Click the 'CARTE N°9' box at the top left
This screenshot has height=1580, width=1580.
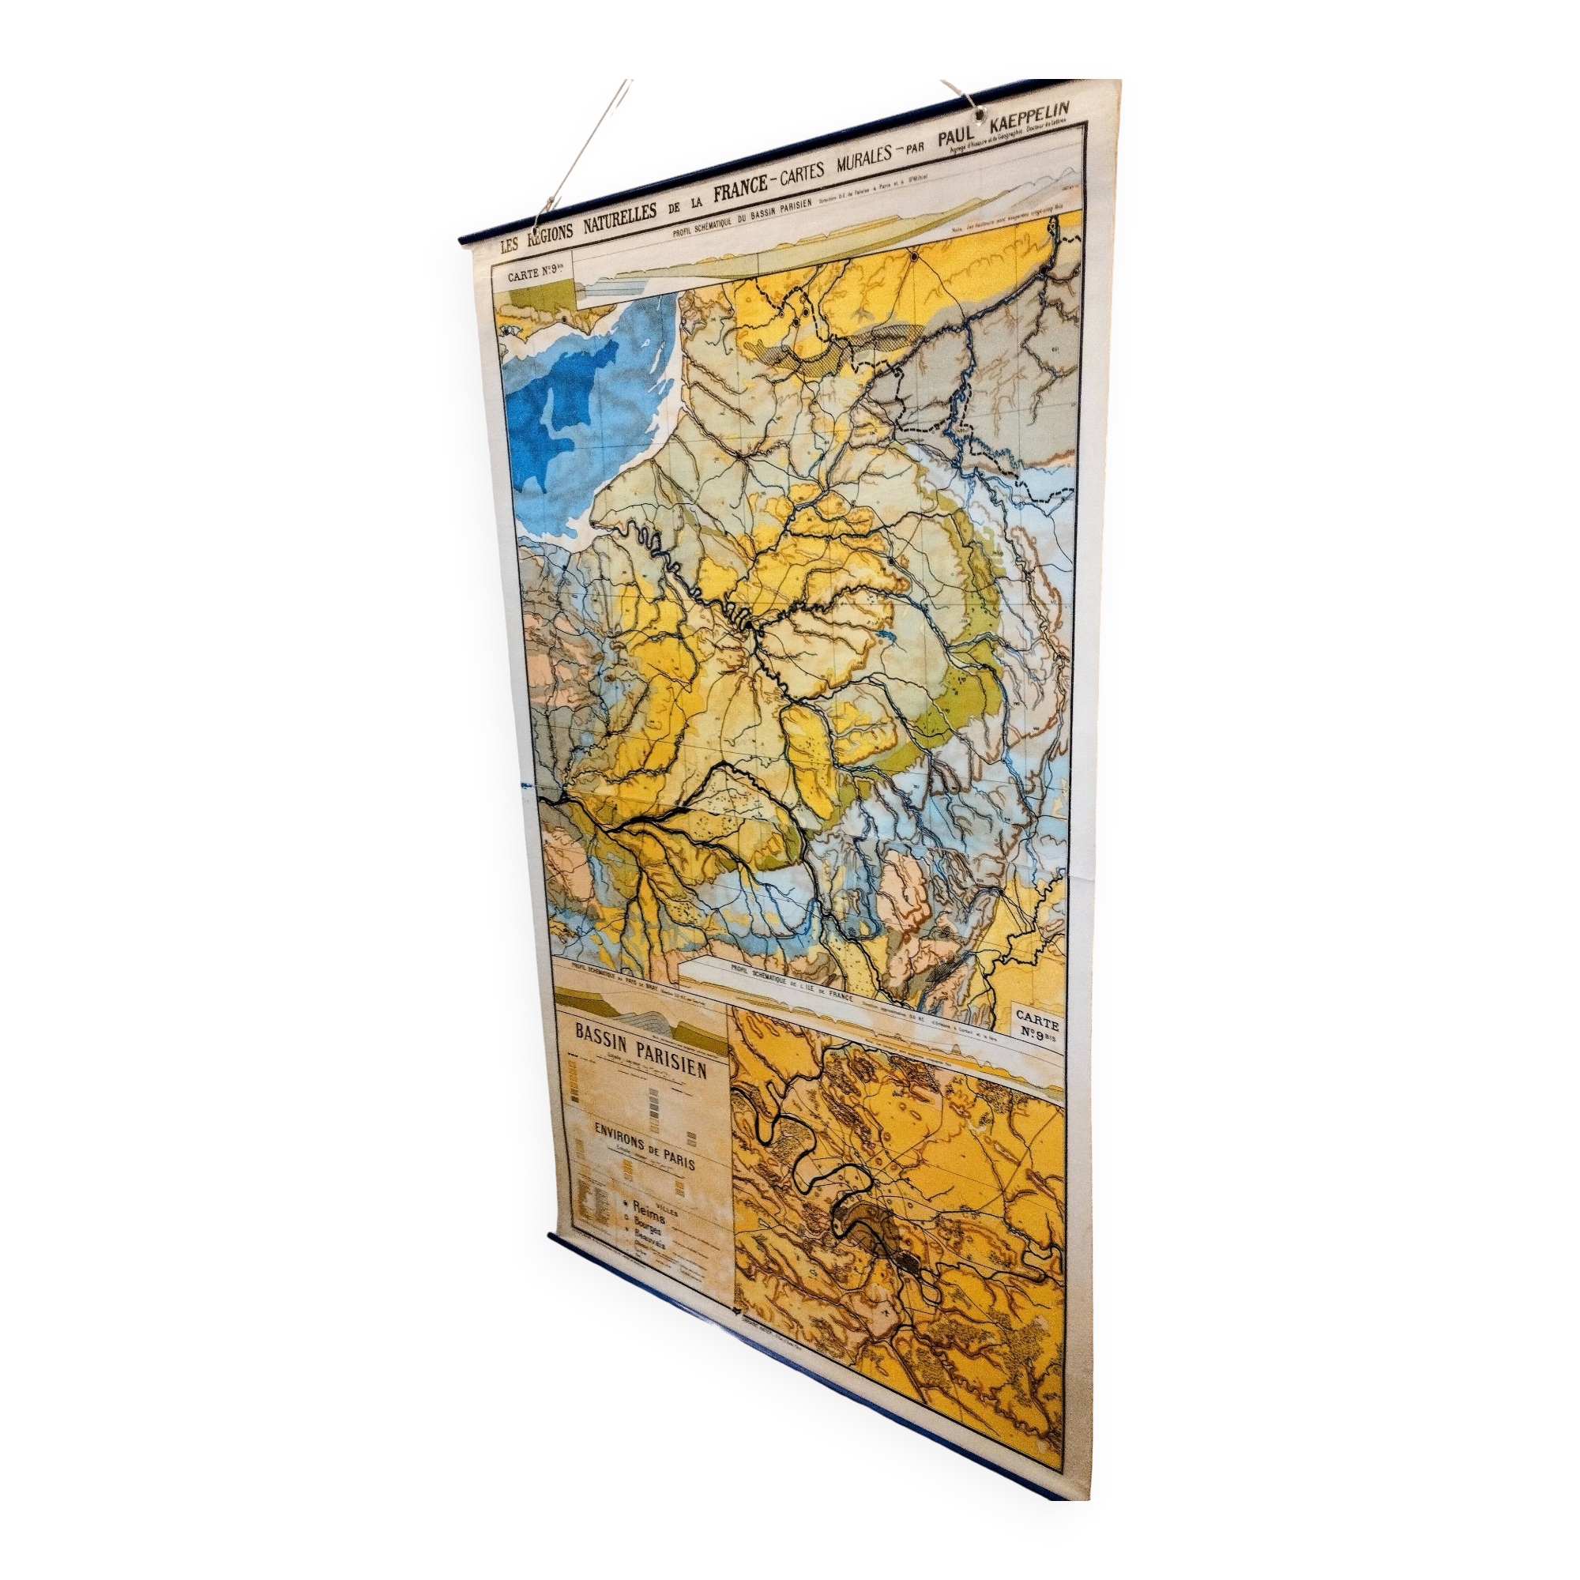(x=532, y=276)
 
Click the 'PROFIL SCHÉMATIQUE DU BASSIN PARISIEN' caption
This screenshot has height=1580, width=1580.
(x=741, y=219)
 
